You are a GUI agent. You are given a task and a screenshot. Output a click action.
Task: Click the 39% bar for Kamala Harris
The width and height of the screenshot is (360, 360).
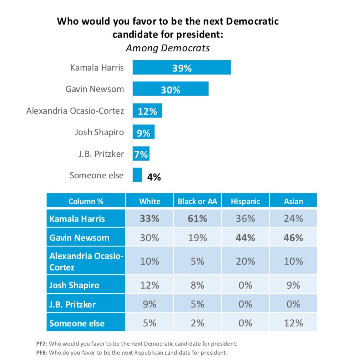point(182,67)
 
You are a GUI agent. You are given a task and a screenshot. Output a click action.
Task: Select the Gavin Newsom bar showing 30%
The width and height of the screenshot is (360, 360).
point(171,89)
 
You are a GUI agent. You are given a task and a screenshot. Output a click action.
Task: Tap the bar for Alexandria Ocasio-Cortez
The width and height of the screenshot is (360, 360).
point(147,111)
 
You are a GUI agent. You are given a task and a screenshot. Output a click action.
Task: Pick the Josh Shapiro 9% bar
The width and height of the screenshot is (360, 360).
point(144,132)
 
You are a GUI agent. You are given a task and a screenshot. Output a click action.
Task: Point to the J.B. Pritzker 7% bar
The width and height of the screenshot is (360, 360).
point(141,154)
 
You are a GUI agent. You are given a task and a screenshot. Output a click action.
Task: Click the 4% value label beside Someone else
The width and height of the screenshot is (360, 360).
point(154,177)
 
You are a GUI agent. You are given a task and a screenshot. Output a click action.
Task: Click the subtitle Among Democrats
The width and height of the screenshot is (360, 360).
point(168,48)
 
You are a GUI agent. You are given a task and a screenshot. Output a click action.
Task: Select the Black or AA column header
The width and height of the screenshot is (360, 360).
point(197,201)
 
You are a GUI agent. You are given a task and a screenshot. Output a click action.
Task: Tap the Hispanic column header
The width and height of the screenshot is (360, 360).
point(245,201)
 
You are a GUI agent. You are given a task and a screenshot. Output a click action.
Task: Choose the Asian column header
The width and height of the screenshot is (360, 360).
point(293,201)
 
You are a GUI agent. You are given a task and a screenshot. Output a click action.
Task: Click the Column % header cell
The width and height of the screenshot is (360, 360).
point(86,201)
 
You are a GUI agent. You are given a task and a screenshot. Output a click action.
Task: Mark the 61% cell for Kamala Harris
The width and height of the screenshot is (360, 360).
point(197,218)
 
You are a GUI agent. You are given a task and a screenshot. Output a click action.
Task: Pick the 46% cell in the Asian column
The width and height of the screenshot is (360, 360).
point(293,238)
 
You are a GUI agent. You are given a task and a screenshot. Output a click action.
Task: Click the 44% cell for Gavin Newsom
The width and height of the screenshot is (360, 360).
point(245,238)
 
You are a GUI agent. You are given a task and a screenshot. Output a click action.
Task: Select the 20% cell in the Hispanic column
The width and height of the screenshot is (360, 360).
point(245,261)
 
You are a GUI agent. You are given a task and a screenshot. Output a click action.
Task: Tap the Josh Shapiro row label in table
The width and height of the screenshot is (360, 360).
point(74,285)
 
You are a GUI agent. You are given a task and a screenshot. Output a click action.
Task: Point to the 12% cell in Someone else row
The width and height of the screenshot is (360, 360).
point(293,323)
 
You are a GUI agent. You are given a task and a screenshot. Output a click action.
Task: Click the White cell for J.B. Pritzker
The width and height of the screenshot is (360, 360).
point(149,304)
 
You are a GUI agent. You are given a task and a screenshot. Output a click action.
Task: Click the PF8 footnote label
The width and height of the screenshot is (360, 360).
point(42,353)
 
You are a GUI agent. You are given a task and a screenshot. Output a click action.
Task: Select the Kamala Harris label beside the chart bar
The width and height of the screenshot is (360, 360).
point(97,67)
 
